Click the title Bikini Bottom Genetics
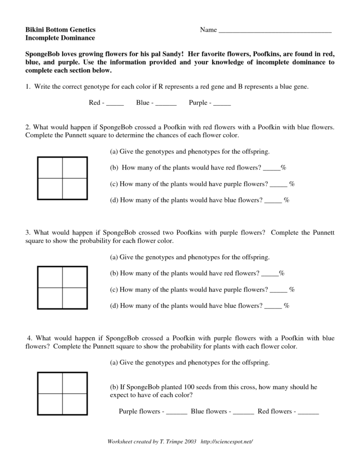[x=60, y=30]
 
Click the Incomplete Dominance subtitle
[x=60, y=38]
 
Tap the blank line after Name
[x=275, y=31]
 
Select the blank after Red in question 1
[x=115, y=103]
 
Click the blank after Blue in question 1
[x=166, y=103]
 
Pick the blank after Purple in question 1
[x=222, y=103]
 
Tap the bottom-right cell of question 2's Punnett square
[x=74, y=189]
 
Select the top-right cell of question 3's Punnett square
[x=74, y=277]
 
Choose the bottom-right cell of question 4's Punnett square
[x=74, y=404]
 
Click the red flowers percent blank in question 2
[x=272, y=168]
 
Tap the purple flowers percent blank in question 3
[x=278, y=290]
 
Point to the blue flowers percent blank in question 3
[x=273, y=306]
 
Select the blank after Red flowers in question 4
[x=308, y=412]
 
